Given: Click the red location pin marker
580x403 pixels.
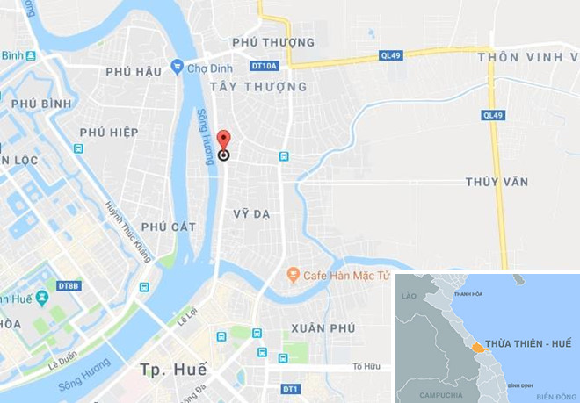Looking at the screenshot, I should (223, 141).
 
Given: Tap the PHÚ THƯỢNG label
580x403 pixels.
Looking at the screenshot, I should (273, 42).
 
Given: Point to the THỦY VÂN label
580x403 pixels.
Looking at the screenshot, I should (497, 182).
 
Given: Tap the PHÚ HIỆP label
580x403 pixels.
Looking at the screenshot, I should (109, 132).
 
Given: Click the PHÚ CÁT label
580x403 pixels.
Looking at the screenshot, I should (169, 227).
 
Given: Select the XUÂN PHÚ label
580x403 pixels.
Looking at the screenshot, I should (323, 327).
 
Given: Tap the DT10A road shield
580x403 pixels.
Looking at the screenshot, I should (264, 66).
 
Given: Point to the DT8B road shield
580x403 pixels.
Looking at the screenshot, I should (69, 286).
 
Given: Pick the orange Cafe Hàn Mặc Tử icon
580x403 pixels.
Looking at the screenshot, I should (293, 276).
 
